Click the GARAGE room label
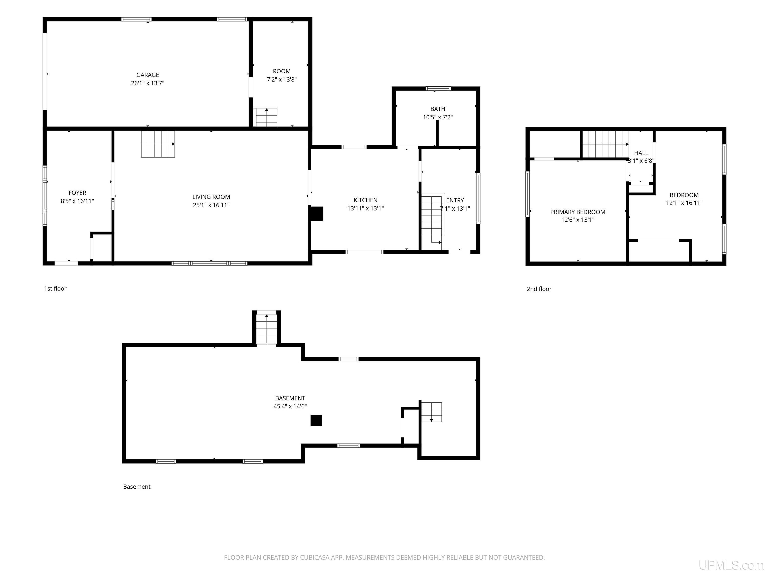[147, 75]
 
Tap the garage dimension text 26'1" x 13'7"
[147, 83]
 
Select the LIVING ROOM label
[211, 197]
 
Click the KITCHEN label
[365, 200]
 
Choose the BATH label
[438, 109]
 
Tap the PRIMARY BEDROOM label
[578, 212]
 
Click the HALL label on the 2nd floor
[641, 153]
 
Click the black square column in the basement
[316, 420]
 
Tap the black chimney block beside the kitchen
[316, 214]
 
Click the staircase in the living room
[158, 144]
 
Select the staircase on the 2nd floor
[606, 144]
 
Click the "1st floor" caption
[55, 288]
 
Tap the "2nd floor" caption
[539, 289]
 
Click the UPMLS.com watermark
[731, 565]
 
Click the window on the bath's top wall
[438, 88]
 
